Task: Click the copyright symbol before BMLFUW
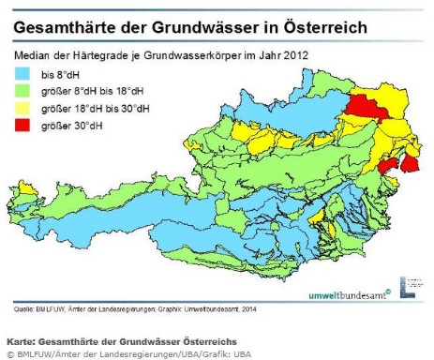[x=10, y=352]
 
